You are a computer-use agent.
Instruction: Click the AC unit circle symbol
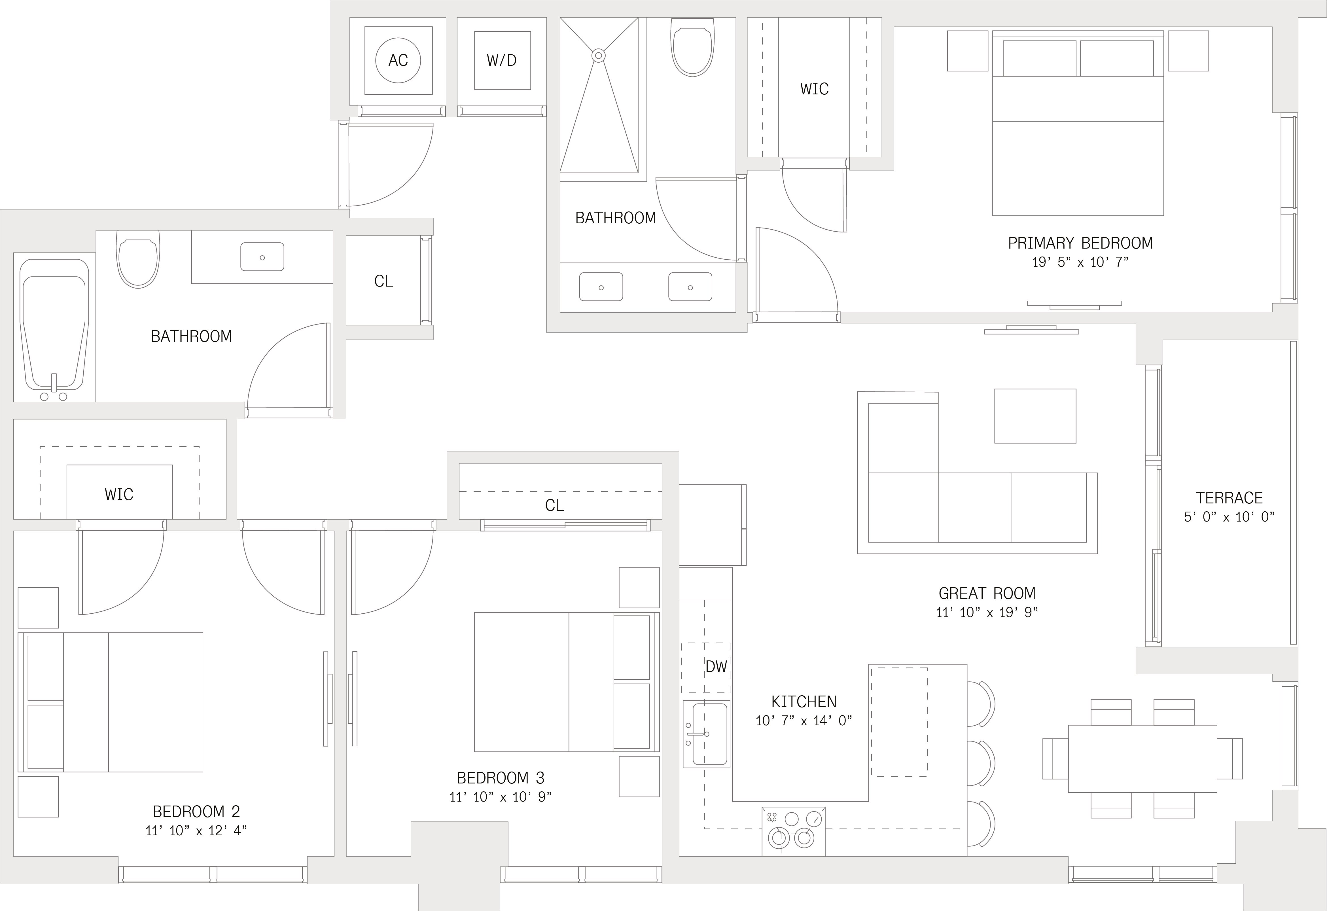[x=398, y=60]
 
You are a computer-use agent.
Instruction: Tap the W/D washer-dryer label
[x=501, y=60]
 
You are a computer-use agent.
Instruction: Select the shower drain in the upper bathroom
[x=598, y=55]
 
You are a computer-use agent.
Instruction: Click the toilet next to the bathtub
[x=138, y=259]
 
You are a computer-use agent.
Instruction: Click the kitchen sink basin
[x=710, y=734]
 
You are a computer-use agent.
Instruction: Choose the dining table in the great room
[x=1142, y=759]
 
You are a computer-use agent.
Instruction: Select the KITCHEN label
[x=804, y=702]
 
